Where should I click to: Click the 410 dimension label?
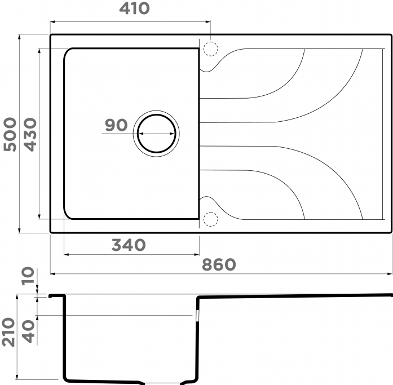[134, 8]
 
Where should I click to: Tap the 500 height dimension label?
[10, 134]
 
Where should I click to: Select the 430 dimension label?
[30, 134]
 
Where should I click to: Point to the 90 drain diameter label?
[116, 125]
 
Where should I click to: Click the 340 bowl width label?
[129, 245]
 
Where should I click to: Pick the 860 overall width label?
[219, 264]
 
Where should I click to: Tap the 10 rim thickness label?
[28, 276]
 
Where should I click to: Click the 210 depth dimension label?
[8, 332]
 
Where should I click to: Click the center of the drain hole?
[156, 134]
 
